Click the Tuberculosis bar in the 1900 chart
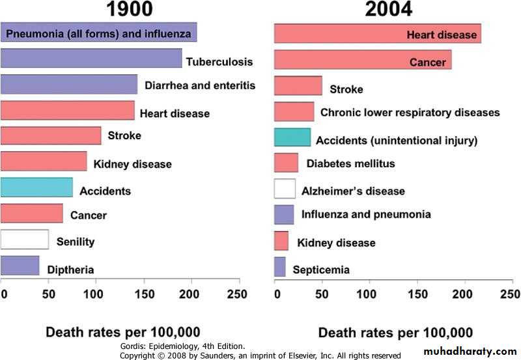pos(91,58)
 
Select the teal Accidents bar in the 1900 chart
pos(36,187)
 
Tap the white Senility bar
pos(24,239)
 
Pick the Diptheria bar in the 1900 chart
pos(20,265)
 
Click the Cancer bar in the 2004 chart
pos(363,59)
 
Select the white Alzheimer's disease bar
pos(285,188)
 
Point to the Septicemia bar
pos(279,266)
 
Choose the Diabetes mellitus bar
pos(286,162)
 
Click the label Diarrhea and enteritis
pos(200,85)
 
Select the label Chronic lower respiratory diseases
pos(410,113)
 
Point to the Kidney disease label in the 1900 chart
pos(132,164)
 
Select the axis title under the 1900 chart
pos(122,331)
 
